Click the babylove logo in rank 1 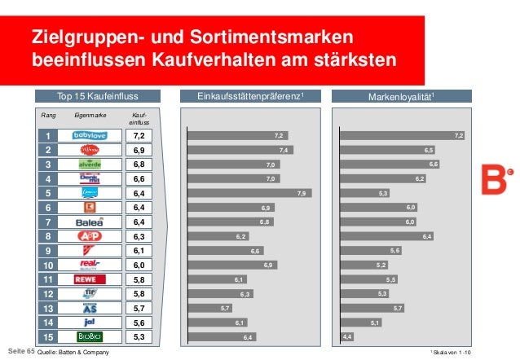click(90, 135)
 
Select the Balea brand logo click(90, 222)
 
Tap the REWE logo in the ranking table click(90, 279)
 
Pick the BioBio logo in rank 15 click(90, 336)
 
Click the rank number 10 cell click(47, 265)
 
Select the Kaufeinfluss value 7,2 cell click(139, 135)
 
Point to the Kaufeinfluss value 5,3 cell click(139, 336)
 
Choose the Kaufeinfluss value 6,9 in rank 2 click(139, 150)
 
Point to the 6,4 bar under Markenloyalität click(386, 236)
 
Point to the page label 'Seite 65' click(19, 351)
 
